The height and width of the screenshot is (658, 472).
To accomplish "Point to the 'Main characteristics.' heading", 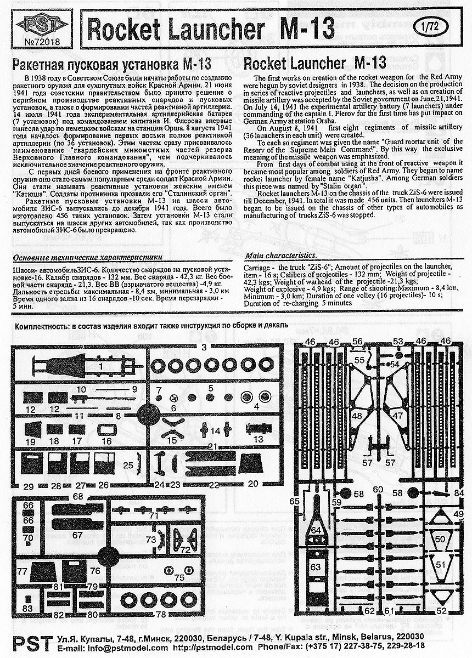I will click(x=280, y=256).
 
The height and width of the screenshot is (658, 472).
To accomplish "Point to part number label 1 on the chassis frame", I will click(x=101, y=366).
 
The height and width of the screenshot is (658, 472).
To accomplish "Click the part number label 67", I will click(x=77, y=535).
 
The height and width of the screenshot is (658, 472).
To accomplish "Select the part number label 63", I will click(x=316, y=566).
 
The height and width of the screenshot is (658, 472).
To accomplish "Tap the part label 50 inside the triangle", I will click(x=440, y=540).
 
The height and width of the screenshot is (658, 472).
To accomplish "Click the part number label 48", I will click(x=357, y=416).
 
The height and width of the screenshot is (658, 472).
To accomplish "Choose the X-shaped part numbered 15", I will click(x=172, y=430).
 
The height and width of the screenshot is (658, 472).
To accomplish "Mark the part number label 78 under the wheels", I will click(x=161, y=614).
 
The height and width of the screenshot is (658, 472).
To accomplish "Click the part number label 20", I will click(x=252, y=484).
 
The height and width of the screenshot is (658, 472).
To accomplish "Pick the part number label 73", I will click(x=150, y=540).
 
